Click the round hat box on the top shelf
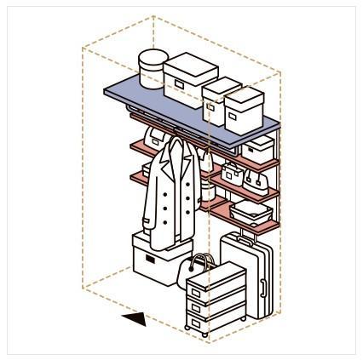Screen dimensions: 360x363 (153, 69)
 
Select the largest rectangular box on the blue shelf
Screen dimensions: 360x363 (189, 78)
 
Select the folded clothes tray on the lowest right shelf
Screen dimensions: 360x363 (251, 209)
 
